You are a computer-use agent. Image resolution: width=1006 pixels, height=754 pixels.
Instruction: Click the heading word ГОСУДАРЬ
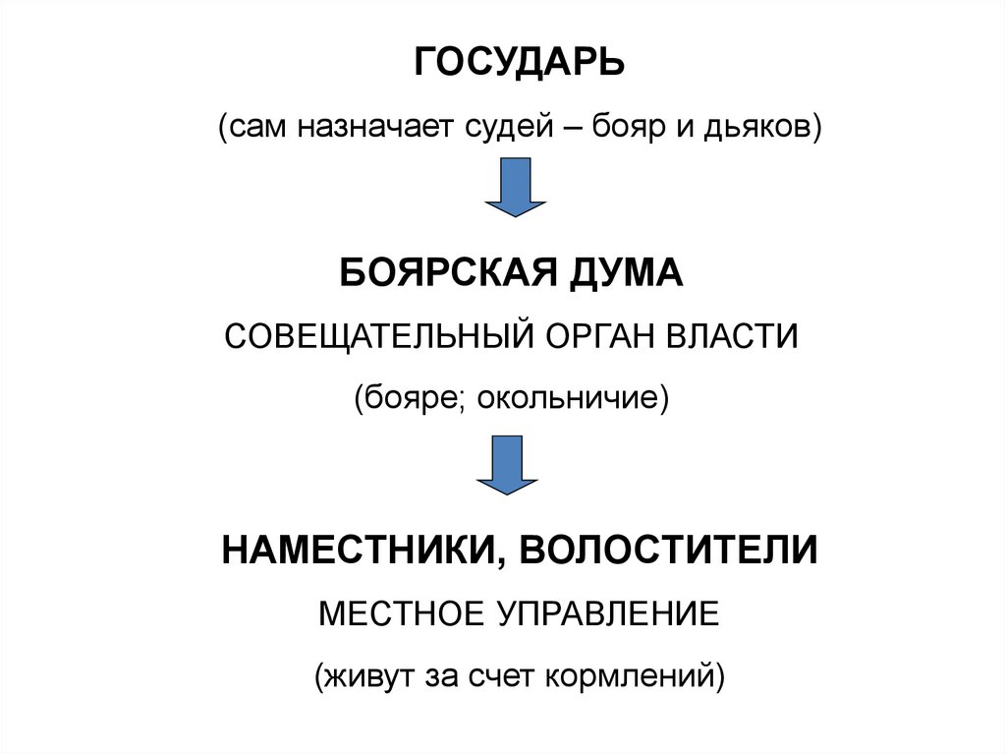(x=518, y=66)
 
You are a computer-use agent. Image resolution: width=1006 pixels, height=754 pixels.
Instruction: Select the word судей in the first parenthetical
(x=504, y=128)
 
